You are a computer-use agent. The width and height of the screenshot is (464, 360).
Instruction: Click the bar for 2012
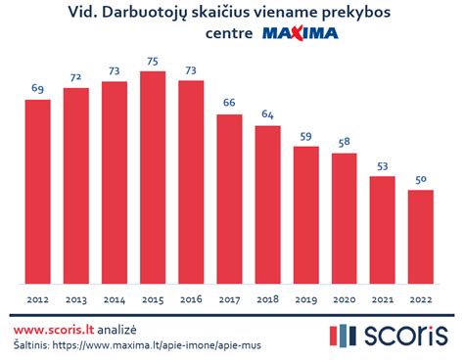pyautogui.click(x=37, y=192)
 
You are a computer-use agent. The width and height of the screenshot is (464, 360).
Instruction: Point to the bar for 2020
pyautogui.click(x=345, y=218)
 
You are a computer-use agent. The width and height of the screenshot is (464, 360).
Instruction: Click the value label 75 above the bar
pyautogui.click(x=153, y=61)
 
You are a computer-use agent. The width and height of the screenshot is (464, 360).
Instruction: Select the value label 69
pyautogui.click(x=37, y=88)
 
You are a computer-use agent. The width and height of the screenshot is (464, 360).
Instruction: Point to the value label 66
pyautogui.click(x=229, y=103)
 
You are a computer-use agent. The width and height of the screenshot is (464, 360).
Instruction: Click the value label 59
pyautogui.click(x=306, y=136)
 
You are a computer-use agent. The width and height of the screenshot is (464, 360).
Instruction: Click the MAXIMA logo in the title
pyautogui.click(x=300, y=34)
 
